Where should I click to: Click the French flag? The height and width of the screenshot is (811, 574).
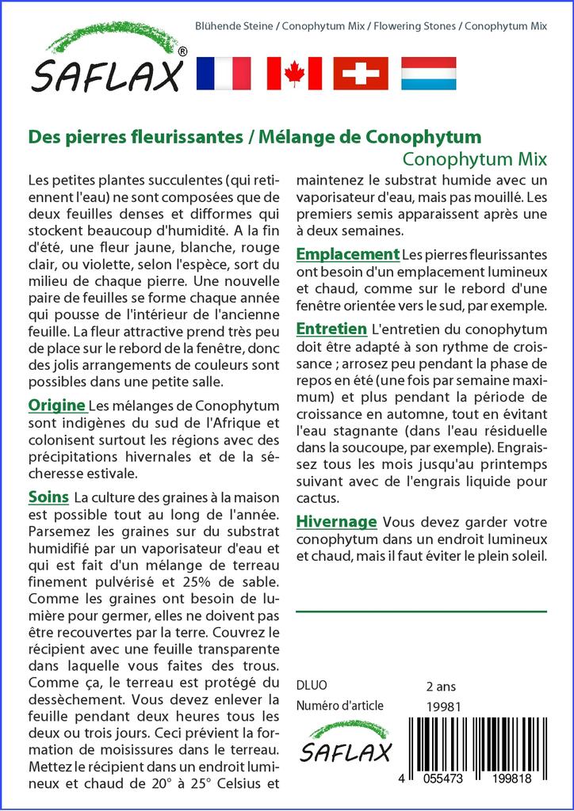pyautogui.click(x=223, y=73)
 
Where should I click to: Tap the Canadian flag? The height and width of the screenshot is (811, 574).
pyautogui.click(x=294, y=73)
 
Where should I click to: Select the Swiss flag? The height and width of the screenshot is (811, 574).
pyautogui.click(x=361, y=73)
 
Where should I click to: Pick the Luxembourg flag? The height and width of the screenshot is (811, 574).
pyautogui.click(x=428, y=73)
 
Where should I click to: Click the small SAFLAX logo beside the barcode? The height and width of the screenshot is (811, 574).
pyautogui.click(x=346, y=742)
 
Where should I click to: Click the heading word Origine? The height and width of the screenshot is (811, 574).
pyautogui.click(x=56, y=405)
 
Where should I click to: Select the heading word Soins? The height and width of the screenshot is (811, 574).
pyautogui.click(x=48, y=497)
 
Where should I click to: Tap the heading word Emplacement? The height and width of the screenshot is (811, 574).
pyautogui.click(x=347, y=254)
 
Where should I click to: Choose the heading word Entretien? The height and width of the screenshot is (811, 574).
pyautogui.click(x=331, y=328)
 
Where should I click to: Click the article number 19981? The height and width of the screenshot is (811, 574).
pyautogui.click(x=443, y=706)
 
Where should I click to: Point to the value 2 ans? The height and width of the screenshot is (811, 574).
pyautogui.click(x=441, y=686)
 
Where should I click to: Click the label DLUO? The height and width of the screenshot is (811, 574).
pyautogui.click(x=311, y=686)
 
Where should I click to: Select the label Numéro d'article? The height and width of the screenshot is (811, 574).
pyautogui.click(x=339, y=706)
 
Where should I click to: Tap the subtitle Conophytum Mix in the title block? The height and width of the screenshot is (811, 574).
pyautogui.click(x=474, y=157)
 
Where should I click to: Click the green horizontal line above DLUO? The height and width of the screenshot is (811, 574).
pyautogui.click(x=421, y=611)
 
